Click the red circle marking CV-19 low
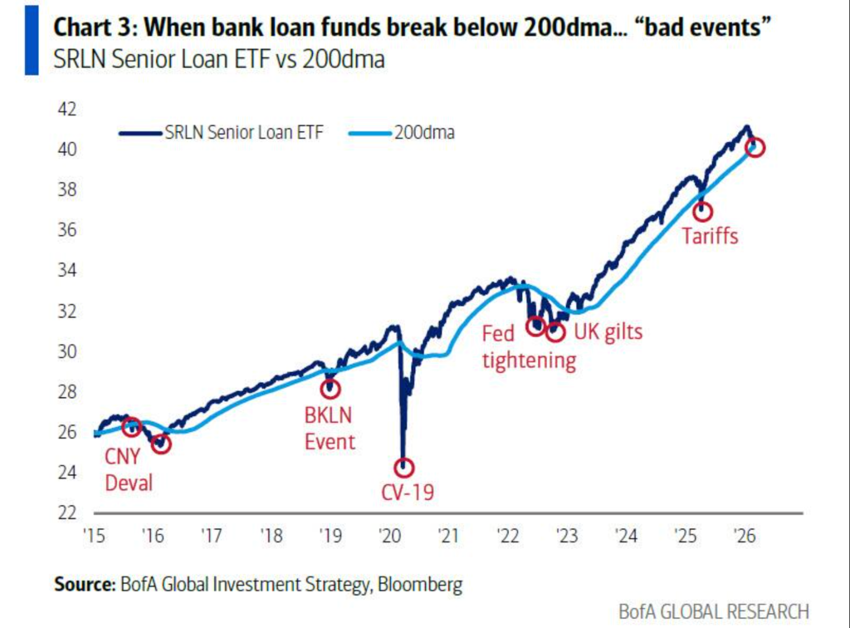tap(404, 468)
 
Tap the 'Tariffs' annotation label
tap(710, 236)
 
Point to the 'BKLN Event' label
tap(330, 429)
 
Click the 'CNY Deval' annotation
tap(129, 469)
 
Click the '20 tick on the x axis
tap(389, 536)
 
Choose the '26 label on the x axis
tap(745, 536)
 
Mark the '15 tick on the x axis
tap(95, 536)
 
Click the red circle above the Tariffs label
tap(703, 211)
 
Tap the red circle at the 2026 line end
tap(755, 147)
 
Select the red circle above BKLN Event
tap(330, 387)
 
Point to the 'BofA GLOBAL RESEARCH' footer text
tap(713, 611)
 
